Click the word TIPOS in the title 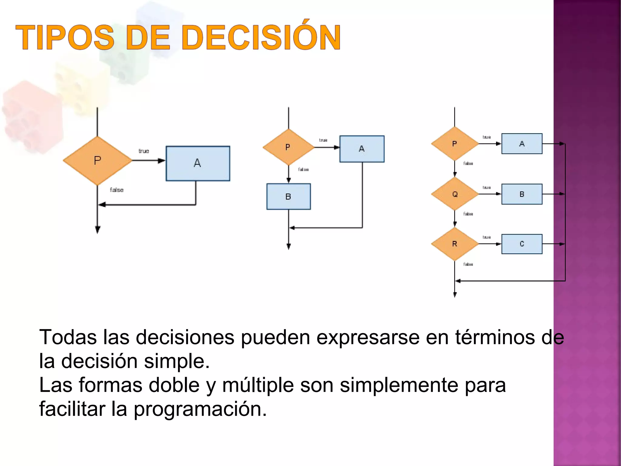[x=65, y=38]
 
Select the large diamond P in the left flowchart [x=97, y=160]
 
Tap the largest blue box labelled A [x=198, y=164]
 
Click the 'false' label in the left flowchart [x=116, y=190]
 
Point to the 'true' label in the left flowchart [x=144, y=151]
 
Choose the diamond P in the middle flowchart [x=288, y=147]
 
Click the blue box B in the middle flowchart [x=288, y=197]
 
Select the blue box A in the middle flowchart [x=362, y=149]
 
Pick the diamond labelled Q [x=455, y=194]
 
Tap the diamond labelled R [x=455, y=244]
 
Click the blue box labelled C [x=522, y=244]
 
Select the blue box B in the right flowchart [x=522, y=194]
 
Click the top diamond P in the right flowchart [x=455, y=144]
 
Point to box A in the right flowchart [x=522, y=144]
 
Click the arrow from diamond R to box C [x=490, y=244]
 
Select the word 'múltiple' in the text [x=258, y=385]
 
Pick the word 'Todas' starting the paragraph [x=68, y=337]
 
